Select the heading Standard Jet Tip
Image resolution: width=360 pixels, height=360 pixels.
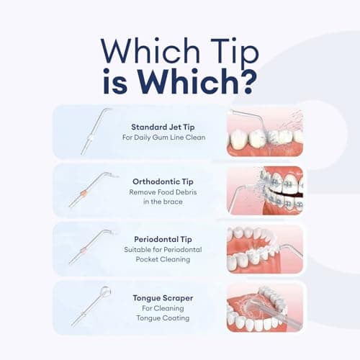[x=163, y=127]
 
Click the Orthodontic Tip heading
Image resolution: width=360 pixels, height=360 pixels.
[x=163, y=181]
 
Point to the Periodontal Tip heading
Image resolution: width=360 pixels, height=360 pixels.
[x=163, y=239]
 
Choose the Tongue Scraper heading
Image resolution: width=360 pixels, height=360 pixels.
[x=163, y=298]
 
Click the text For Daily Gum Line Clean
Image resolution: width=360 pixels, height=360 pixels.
[x=164, y=138]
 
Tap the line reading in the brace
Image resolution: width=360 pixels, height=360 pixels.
[x=163, y=202]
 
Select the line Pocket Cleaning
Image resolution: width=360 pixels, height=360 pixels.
[x=163, y=259]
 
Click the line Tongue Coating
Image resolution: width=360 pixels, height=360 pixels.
[x=163, y=318]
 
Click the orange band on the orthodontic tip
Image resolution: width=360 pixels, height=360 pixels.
[x=84, y=193]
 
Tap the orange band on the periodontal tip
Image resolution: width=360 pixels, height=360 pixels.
[x=84, y=251]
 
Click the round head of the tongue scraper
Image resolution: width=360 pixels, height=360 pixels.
[x=105, y=292]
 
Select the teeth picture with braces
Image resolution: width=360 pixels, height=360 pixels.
[x=265, y=191]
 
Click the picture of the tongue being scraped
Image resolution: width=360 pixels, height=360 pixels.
[x=265, y=308]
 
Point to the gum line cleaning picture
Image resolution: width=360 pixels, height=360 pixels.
[x=265, y=132]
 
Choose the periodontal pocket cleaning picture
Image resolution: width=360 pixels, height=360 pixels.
[x=265, y=249]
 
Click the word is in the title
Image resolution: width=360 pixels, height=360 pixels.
[x=115, y=81]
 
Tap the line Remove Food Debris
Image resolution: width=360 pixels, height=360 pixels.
[x=163, y=192]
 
